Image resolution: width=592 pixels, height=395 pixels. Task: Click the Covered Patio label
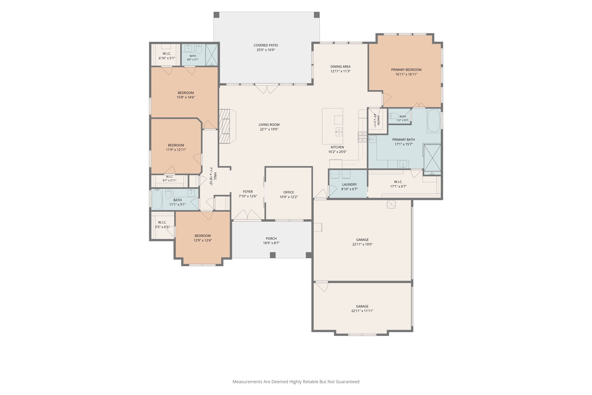(x=266, y=45)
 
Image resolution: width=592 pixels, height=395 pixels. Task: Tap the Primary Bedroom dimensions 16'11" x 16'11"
(x=406, y=74)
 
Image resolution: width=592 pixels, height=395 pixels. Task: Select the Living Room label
(x=269, y=125)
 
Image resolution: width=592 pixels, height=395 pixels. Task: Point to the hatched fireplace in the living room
(x=225, y=126)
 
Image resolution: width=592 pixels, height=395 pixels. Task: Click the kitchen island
(x=333, y=126)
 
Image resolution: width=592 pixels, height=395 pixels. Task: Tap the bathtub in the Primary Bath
(x=434, y=121)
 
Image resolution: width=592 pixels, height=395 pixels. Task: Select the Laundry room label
(x=349, y=184)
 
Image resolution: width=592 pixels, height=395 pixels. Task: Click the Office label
(x=289, y=192)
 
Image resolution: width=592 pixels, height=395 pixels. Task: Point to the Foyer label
(x=248, y=192)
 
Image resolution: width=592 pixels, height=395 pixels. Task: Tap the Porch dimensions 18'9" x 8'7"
(x=271, y=243)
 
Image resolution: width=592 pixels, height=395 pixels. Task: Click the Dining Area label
(x=340, y=67)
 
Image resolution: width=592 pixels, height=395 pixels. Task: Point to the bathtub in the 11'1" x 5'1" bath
(x=157, y=199)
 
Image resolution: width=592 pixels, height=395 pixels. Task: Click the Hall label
(x=215, y=176)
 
